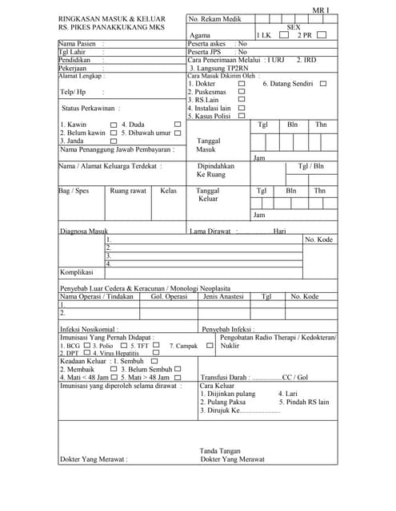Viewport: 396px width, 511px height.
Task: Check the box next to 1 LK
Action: point(284,35)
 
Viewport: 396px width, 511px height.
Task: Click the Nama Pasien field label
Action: point(78,43)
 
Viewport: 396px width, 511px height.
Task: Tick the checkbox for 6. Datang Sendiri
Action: point(323,84)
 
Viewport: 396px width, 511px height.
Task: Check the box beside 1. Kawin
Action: point(114,125)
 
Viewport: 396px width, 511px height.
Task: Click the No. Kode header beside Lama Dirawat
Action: point(318,240)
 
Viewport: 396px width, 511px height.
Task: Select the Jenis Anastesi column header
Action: point(223,296)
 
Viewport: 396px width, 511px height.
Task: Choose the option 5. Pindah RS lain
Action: point(304,402)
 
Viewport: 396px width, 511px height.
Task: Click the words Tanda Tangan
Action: point(220,450)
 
